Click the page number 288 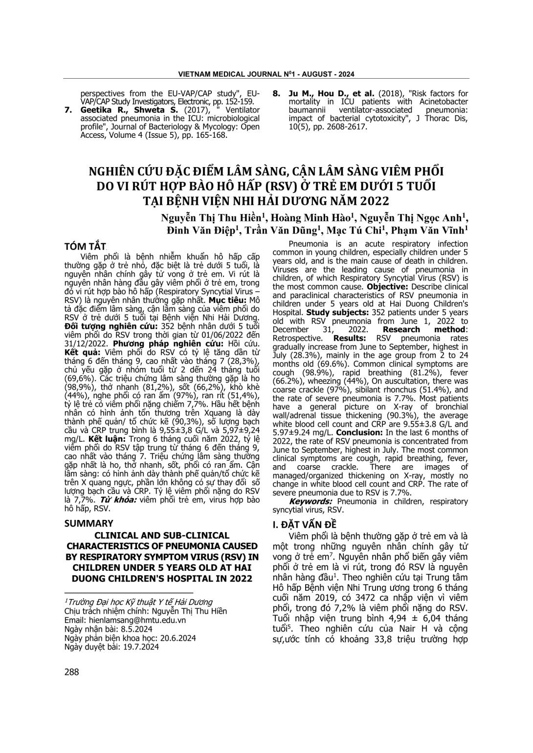point(71,671)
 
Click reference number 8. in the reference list point(276,93)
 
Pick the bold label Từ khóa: point(119,500)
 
